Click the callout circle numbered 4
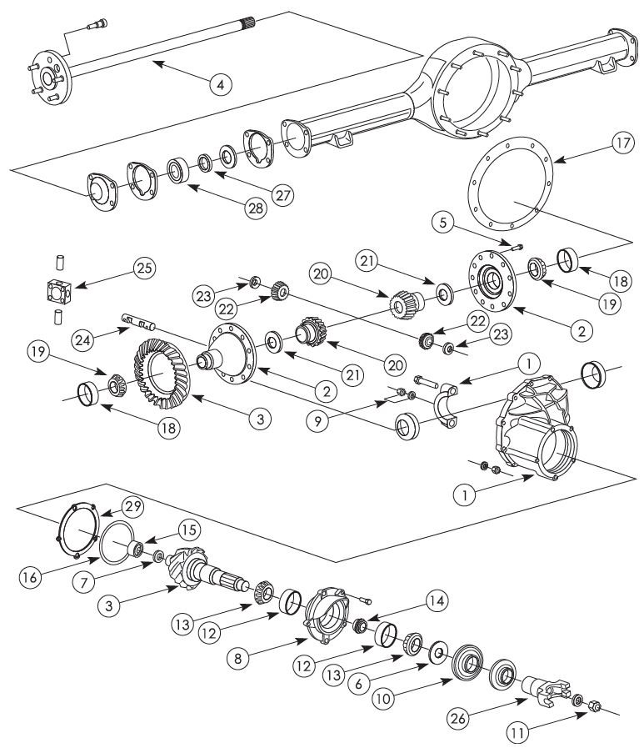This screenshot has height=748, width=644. [x=220, y=84]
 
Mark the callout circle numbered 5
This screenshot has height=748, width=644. [x=445, y=223]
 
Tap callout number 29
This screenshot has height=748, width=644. [x=133, y=506]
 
